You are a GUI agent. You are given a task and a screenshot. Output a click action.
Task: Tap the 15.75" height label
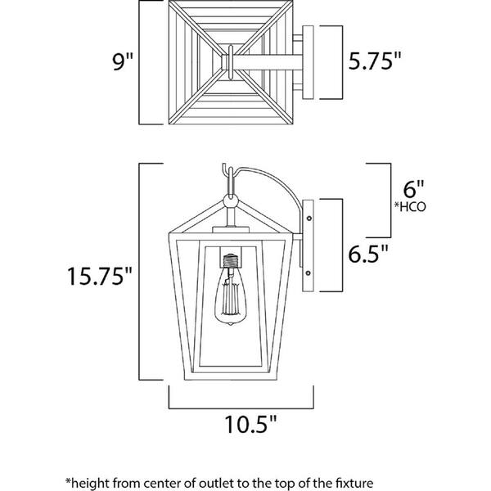point(100,278)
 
